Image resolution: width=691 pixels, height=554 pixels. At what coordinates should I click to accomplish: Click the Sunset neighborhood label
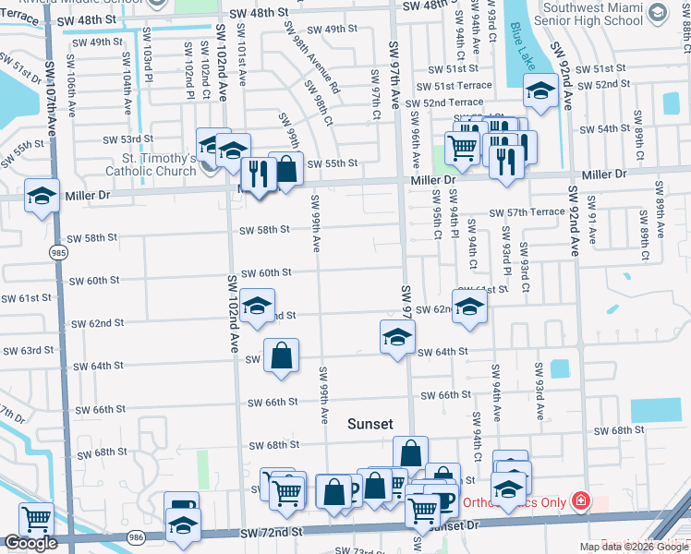[370, 424]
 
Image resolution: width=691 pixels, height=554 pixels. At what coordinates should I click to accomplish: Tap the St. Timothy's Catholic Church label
[150, 164]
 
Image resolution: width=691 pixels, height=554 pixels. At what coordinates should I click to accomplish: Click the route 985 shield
[59, 251]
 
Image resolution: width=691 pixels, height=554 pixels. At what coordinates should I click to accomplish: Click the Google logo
[30, 544]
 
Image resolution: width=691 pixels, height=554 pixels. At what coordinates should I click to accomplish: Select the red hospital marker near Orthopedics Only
[580, 501]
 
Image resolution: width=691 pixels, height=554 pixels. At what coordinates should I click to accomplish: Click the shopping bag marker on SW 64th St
[281, 355]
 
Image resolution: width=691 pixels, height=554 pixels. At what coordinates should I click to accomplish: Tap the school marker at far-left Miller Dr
[41, 198]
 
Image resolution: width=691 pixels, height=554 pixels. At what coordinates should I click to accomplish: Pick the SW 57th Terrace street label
[527, 212]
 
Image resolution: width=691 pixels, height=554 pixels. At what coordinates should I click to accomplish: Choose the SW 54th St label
[600, 128]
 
